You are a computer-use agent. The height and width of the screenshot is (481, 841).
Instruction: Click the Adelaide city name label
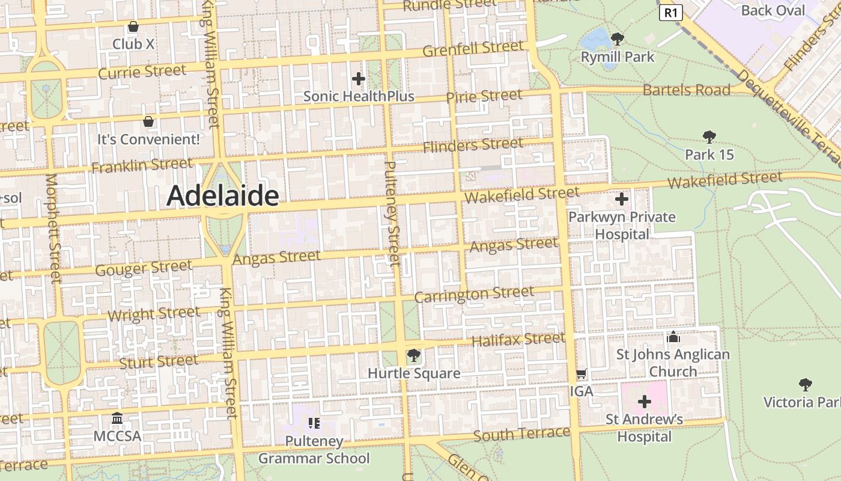point(222,196)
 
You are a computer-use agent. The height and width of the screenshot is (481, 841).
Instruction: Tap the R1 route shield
point(671,13)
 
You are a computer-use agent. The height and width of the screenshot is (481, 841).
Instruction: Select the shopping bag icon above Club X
point(133,26)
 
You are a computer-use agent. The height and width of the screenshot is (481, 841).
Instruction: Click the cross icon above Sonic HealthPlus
point(358,78)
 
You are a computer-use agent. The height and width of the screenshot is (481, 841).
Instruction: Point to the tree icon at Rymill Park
point(617,40)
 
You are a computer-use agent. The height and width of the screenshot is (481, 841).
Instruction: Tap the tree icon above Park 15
point(709,137)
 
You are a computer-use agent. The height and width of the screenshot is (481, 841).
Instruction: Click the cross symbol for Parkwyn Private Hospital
point(622,198)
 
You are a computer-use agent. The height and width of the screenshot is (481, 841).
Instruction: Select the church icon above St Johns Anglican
point(673,337)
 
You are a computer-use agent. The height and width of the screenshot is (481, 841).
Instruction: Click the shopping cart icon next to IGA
point(581,374)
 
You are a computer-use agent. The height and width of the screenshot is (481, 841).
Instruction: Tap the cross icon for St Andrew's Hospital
point(645,401)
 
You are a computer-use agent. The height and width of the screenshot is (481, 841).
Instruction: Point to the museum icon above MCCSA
point(117,418)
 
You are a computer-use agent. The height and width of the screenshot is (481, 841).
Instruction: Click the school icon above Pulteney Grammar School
point(314,423)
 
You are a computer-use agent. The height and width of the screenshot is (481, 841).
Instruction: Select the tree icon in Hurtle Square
point(413,355)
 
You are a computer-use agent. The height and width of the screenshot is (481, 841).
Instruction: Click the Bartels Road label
point(686,90)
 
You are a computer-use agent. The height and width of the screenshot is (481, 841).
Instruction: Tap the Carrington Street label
point(474,295)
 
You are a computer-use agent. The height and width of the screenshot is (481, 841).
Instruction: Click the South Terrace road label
point(521,434)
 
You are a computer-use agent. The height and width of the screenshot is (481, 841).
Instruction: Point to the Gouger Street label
point(144,268)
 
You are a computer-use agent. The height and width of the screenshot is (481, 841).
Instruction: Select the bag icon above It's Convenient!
point(148,121)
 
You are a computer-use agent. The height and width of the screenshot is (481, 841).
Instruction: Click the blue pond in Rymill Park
point(596,40)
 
